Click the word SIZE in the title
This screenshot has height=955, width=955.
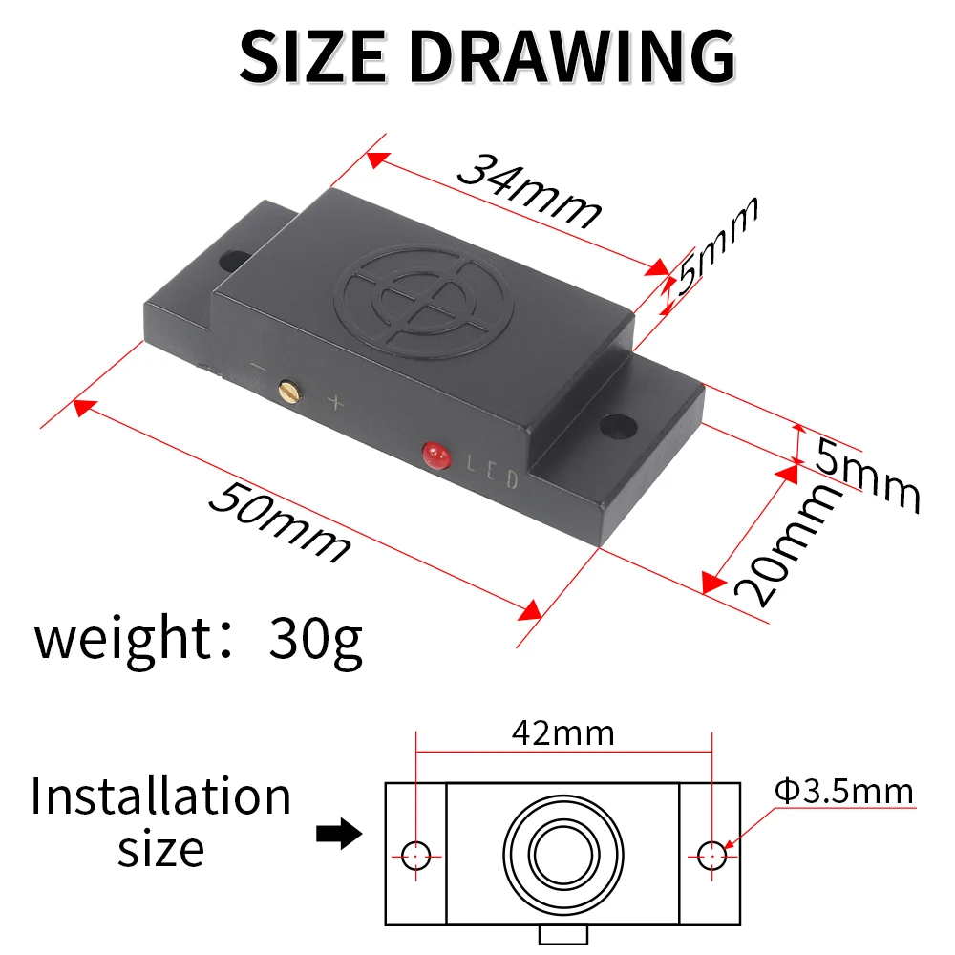(x=312, y=56)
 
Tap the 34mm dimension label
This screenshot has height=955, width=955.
(x=529, y=191)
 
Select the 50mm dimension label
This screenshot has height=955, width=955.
(x=280, y=521)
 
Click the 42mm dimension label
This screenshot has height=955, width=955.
(x=562, y=733)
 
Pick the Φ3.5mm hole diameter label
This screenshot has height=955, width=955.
(x=844, y=791)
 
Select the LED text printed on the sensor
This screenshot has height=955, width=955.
(x=493, y=472)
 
